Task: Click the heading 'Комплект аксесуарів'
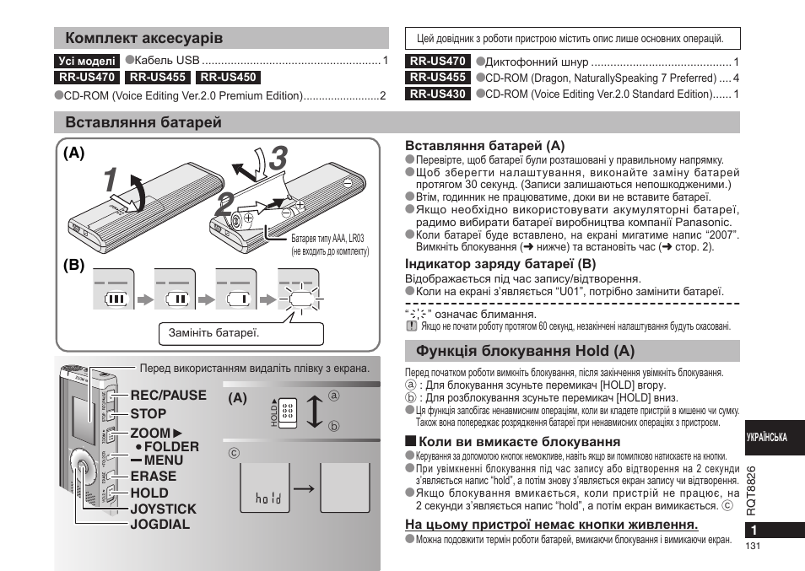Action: [x=144, y=39]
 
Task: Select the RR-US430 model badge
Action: [x=438, y=94]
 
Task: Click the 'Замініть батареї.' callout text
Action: [x=213, y=332]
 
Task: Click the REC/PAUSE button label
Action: [x=168, y=395]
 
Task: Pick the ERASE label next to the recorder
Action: [x=153, y=476]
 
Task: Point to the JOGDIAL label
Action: [x=159, y=524]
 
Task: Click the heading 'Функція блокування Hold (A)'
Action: [x=521, y=350]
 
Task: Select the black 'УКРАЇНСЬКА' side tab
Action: [x=766, y=438]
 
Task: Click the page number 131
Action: [x=754, y=547]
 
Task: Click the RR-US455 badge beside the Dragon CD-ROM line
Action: [x=438, y=78]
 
